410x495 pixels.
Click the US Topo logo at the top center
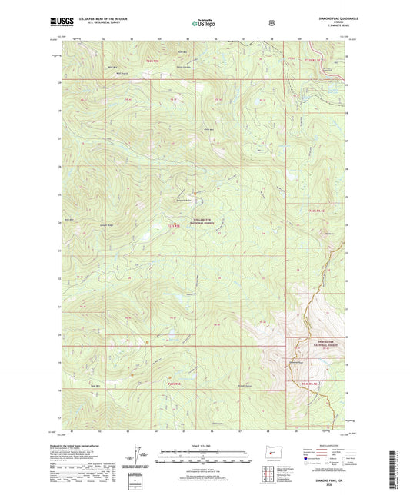pyautogui.click(x=204, y=23)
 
